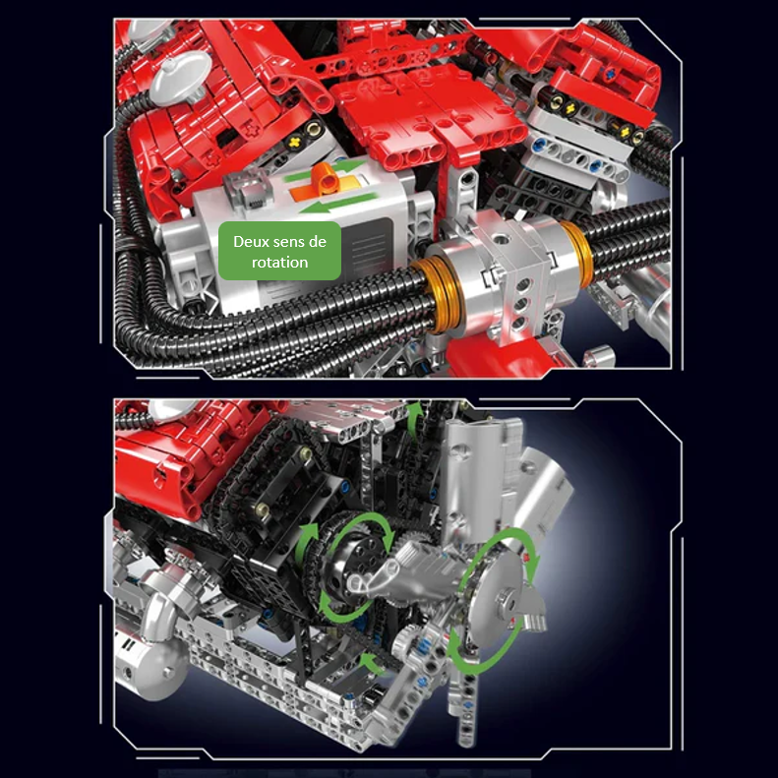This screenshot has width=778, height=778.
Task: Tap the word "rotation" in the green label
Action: coord(280,262)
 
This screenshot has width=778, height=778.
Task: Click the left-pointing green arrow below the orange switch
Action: coord(337,203)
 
